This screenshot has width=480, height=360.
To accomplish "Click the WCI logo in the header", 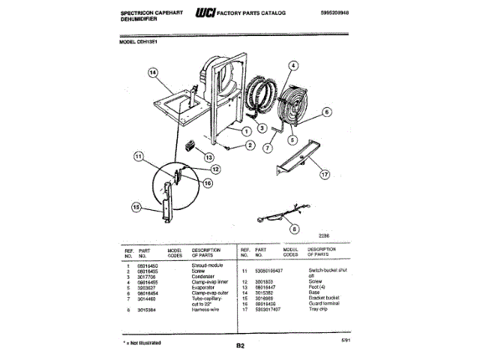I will click(x=203, y=13).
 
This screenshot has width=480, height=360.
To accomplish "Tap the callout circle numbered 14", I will click(x=154, y=73).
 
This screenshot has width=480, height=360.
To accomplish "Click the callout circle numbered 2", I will click(x=250, y=144).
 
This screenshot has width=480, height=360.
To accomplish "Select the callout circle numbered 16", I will click(x=208, y=182).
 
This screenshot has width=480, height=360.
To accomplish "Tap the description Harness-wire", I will click(x=208, y=309).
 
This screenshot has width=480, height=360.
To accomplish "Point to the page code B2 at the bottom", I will click(x=240, y=345).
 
